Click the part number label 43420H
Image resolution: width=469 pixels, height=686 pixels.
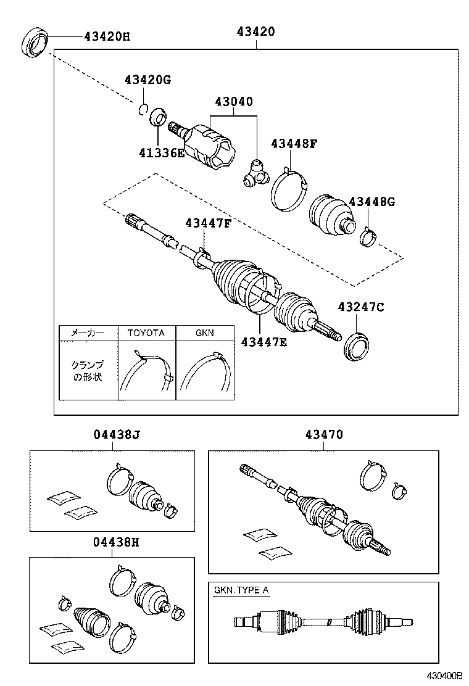click(x=107, y=36)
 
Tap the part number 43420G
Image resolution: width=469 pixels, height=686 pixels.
click(x=147, y=80)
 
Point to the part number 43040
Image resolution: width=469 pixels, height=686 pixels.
click(x=234, y=102)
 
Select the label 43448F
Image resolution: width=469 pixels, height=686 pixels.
click(x=294, y=144)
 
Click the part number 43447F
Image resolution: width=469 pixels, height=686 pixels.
click(x=207, y=223)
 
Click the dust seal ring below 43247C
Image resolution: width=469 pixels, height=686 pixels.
click(x=355, y=345)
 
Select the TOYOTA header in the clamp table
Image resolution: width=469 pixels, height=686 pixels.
click(x=146, y=333)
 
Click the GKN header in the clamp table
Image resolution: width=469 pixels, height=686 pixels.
click(x=204, y=333)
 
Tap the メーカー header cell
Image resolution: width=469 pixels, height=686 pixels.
click(x=87, y=333)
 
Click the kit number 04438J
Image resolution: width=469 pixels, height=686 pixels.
click(x=117, y=435)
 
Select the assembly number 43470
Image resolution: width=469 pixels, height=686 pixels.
click(x=324, y=435)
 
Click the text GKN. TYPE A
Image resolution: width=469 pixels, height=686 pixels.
click(x=241, y=590)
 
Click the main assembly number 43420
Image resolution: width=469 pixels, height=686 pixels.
click(x=255, y=31)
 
